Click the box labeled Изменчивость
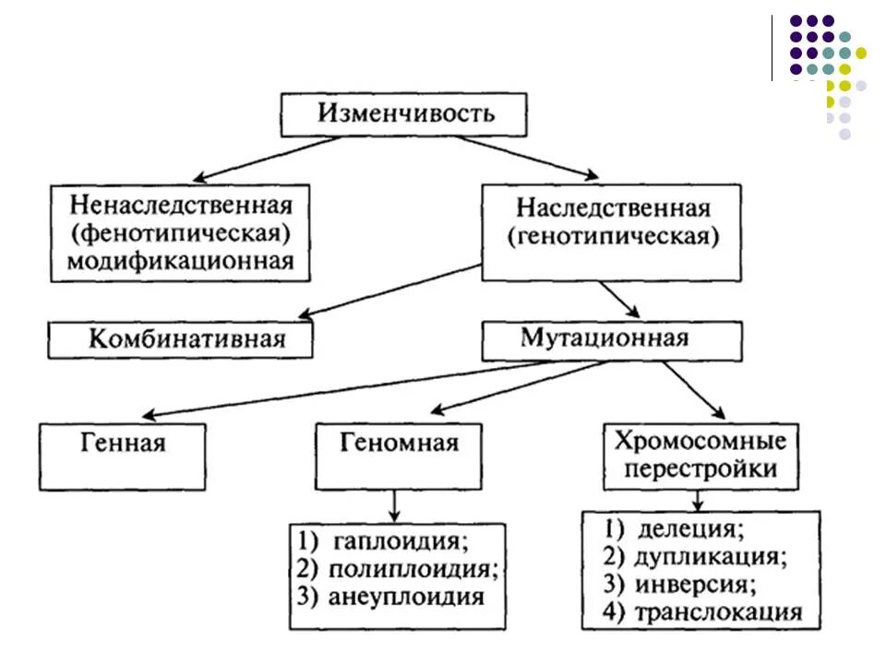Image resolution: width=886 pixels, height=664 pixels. [x=405, y=114]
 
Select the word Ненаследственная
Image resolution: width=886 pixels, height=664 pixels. [x=180, y=203]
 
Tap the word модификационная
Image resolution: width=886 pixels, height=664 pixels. [x=180, y=261]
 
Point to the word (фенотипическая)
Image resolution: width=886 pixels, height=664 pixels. [x=180, y=231]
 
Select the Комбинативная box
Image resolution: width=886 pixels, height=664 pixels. [x=181, y=338]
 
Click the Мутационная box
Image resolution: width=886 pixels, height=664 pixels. [x=612, y=338]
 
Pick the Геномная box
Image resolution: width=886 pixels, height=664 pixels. [x=400, y=444]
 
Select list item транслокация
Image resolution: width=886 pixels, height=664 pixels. [x=716, y=611]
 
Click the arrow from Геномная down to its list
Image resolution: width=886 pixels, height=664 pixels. [x=396, y=505]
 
